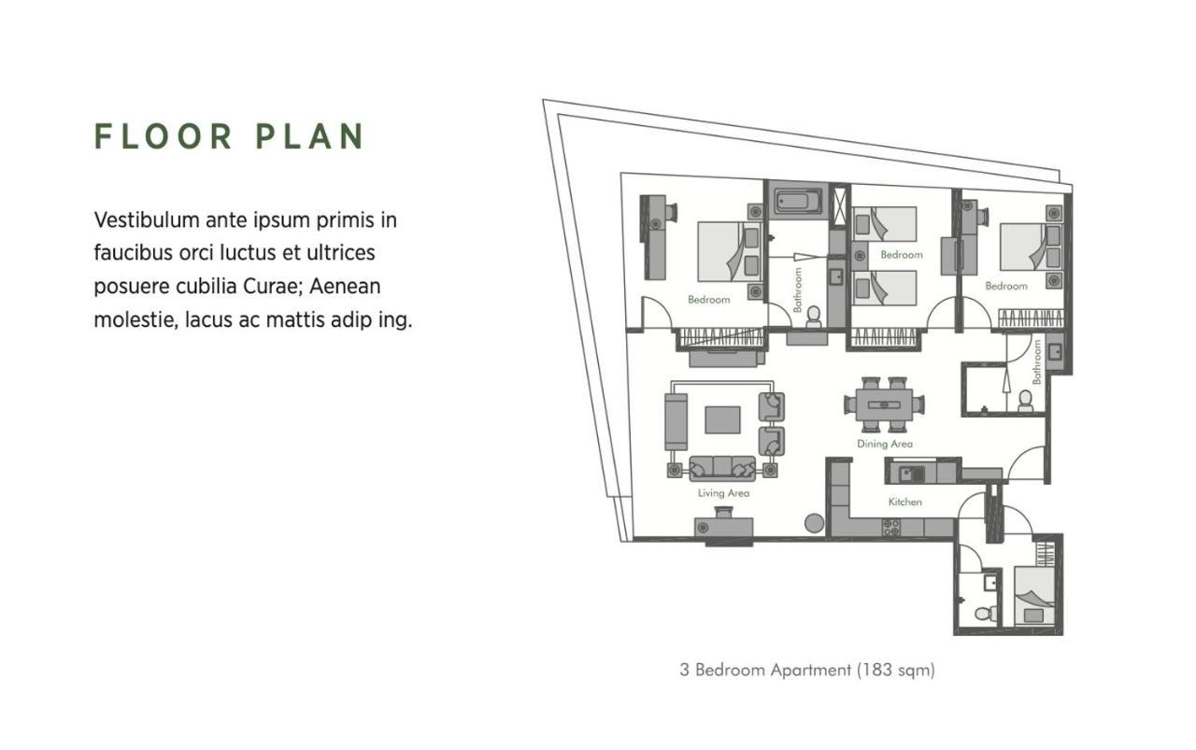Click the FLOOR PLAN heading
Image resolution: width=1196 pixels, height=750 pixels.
(x=229, y=136)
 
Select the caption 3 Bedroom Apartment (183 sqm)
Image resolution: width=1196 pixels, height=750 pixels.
(x=807, y=670)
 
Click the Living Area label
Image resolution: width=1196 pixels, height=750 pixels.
(x=723, y=493)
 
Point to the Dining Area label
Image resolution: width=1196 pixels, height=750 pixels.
(x=885, y=444)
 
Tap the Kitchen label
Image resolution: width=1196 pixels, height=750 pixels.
(x=905, y=502)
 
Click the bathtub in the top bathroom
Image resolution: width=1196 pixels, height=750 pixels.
(x=798, y=201)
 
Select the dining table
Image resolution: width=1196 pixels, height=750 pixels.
(x=884, y=405)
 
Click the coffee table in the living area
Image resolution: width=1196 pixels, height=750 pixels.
(x=722, y=419)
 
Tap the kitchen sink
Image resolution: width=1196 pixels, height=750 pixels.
(x=911, y=474)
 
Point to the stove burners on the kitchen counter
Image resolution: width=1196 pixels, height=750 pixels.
(x=891, y=528)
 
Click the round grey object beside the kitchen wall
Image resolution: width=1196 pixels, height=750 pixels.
(x=814, y=523)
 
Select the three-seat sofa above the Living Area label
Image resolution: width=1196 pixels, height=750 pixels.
(x=722, y=468)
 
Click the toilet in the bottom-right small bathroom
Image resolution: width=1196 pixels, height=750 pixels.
(x=985, y=614)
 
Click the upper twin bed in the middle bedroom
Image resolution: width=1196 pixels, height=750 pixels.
(x=884, y=223)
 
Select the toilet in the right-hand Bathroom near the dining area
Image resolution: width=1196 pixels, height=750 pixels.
(x=1025, y=401)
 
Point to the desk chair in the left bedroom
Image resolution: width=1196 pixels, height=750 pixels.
(x=670, y=212)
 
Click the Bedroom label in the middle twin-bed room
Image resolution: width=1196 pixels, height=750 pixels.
(x=902, y=255)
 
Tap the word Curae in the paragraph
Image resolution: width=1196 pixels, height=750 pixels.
(x=277, y=286)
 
